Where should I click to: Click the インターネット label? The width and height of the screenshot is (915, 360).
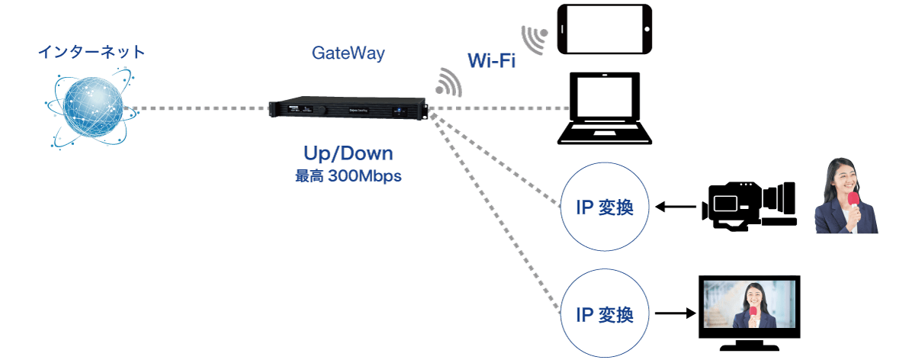91,53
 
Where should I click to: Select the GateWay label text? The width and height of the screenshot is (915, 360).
348,53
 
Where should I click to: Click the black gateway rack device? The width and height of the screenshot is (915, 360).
346,109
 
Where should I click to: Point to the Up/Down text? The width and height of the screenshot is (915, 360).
348,154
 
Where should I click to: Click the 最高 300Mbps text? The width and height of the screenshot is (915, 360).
348,175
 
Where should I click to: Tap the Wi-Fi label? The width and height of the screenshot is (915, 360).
491,62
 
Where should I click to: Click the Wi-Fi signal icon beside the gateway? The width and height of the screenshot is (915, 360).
449,82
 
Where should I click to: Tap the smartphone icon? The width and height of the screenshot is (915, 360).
605,30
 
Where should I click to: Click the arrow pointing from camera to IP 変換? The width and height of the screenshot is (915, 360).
677,206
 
